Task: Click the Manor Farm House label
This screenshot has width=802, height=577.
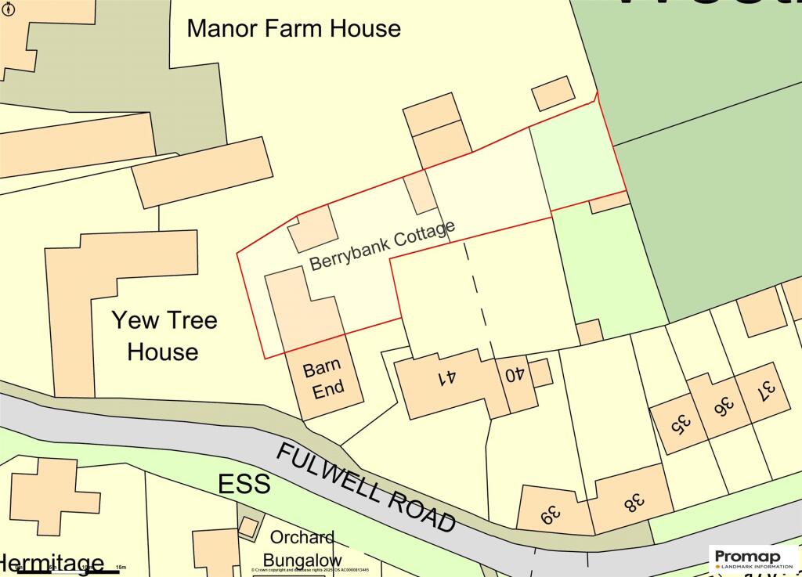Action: click(x=294, y=29)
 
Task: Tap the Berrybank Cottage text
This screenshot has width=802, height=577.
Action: click(x=382, y=246)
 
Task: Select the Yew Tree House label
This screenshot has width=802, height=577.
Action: click(x=164, y=336)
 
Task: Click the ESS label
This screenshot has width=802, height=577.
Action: click(x=244, y=484)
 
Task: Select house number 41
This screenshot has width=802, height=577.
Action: click(x=447, y=378)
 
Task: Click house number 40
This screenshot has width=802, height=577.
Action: click(x=514, y=375)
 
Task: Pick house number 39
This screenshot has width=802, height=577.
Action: click(x=551, y=515)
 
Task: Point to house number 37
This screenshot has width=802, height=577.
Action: click(x=768, y=388)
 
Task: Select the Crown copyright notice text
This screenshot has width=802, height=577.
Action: click(x=320, y=571)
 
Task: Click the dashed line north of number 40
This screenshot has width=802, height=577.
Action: click(x=479, y=298)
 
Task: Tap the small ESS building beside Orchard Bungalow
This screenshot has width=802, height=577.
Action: click(x=247, y=527)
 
